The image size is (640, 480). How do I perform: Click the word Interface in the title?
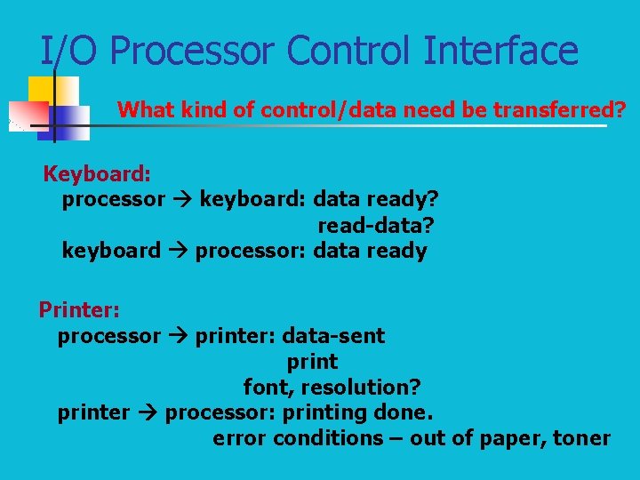click(500, 52)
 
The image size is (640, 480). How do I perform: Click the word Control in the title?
click(356, 52)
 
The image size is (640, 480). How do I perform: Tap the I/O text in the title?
click(70, 52)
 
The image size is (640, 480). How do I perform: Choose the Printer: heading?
click(79, 310)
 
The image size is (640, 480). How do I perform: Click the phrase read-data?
click(376, 225)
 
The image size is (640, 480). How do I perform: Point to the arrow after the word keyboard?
click(178, 251)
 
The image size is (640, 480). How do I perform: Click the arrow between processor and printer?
click(178, 336)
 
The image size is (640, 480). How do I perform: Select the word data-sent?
click(333, 336)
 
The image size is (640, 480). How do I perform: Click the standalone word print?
click(312, 362)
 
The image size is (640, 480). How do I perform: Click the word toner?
click(583, 438)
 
